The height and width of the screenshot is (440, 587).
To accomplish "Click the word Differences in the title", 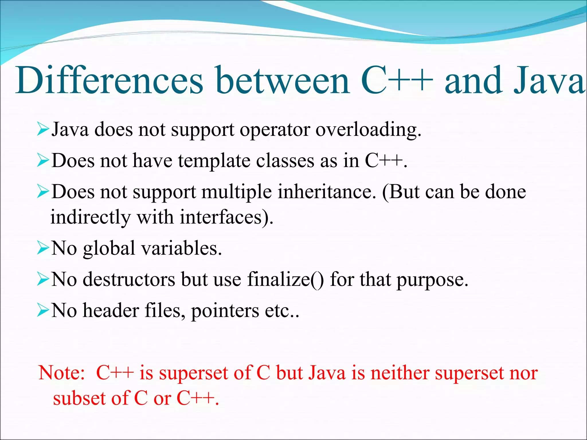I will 109,81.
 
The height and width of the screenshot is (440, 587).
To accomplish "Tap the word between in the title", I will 283,81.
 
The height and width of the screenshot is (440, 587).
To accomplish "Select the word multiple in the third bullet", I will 236,192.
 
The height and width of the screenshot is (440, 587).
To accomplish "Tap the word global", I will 109,249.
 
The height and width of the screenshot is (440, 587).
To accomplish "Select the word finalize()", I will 285,279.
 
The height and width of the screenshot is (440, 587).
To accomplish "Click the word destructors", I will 129,279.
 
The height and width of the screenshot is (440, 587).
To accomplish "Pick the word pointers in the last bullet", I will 225,311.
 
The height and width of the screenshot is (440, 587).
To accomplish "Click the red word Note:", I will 62,373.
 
